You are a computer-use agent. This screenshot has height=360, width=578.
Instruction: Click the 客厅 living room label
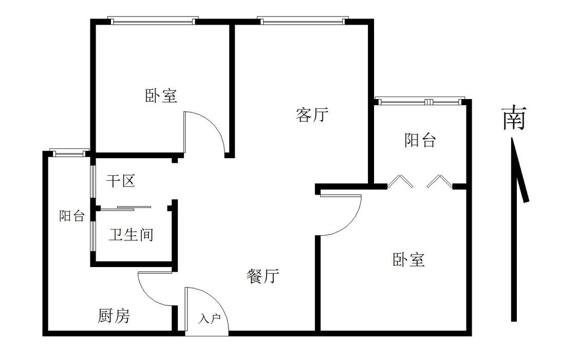[x=312, y=115]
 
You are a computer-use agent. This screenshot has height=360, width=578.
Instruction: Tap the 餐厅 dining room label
[x=263, y=276]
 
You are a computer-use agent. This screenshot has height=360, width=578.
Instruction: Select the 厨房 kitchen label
[x=114, y=316]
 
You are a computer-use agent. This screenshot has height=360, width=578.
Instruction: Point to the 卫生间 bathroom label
[x=131, y=235]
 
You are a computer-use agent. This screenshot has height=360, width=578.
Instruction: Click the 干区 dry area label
[x=121, y=181]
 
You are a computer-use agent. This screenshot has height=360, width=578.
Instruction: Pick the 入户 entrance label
[x=209, y=319]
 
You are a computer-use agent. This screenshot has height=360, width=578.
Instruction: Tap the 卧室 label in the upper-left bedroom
[x=161, y=96]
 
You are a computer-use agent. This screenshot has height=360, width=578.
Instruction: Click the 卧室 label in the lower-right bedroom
[x=408, y=259]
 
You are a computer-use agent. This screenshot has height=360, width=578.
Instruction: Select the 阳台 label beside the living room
[x=420, y=140]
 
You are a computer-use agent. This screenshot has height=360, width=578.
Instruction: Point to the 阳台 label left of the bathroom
[x=71, y=216]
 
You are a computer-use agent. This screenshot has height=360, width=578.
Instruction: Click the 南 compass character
[x=514, y=118]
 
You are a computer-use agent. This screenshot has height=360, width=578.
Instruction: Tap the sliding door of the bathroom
[x=134, y=207]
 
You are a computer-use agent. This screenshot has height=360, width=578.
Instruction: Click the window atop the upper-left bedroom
[x=153, y=21]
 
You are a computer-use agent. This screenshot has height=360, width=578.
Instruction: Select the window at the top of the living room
[x=303, y=21]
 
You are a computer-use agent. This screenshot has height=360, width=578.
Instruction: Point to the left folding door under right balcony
[x=400, y=181]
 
